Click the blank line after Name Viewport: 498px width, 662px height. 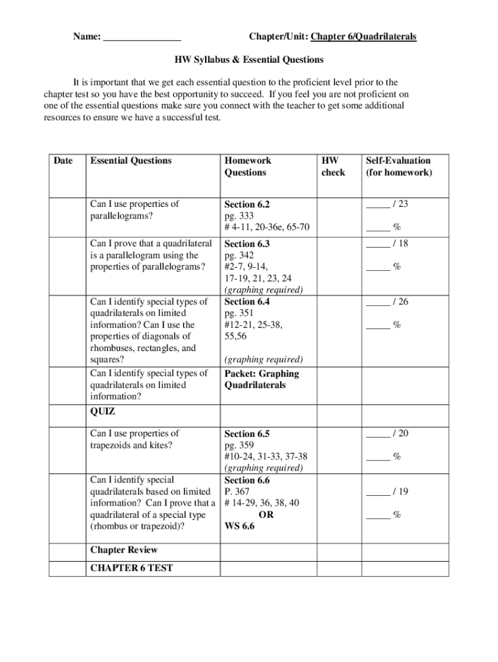[142, 37]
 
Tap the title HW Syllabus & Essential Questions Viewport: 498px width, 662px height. [249, 60]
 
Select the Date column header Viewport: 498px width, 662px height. [63, 160]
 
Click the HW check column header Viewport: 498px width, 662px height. [333, 166]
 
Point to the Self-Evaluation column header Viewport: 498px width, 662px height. [398, 166]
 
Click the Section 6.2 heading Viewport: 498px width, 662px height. [247, 204]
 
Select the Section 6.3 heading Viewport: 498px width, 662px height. [247, 244]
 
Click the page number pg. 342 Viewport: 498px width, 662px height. [239, 255]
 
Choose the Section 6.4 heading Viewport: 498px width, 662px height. [247, 301]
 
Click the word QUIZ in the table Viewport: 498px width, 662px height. [103, 411]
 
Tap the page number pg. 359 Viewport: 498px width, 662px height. [239, 445]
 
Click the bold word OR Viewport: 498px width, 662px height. [266, 515]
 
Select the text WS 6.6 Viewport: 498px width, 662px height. [239, 526]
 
